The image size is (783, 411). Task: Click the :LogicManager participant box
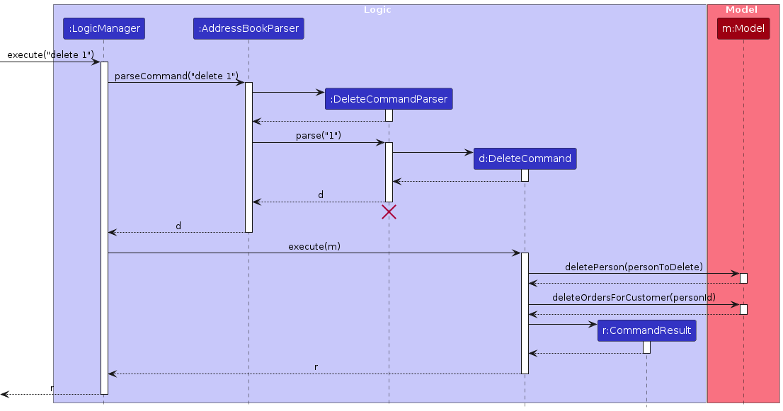point(103,29)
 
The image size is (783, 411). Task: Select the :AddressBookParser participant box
point(248,29)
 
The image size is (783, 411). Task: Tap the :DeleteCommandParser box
point(389,99)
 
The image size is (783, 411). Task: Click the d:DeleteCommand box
point(525,158)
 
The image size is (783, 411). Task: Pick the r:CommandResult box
point(646,330)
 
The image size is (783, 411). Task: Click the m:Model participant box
point(743,29)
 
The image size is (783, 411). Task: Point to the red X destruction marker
point(389,212)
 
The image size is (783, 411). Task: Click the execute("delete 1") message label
point(50,54)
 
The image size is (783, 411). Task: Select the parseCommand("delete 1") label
point(176,76)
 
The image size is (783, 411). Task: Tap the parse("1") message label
point(319,135)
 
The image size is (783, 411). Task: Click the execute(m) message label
point(314,246)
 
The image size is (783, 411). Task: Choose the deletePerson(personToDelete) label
point(634,267)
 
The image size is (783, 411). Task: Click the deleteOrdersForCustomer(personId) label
point(634,298)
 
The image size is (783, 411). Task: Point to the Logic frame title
point(377,10)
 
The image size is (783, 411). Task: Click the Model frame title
point(741,10)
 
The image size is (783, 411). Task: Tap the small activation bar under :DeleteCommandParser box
point(389,115)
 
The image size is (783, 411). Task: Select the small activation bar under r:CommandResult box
point(646,347)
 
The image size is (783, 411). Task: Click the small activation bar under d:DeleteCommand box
point(525,175)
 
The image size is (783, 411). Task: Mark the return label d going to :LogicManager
point(178,226)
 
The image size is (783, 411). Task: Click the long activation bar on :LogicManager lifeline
point(104,226)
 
